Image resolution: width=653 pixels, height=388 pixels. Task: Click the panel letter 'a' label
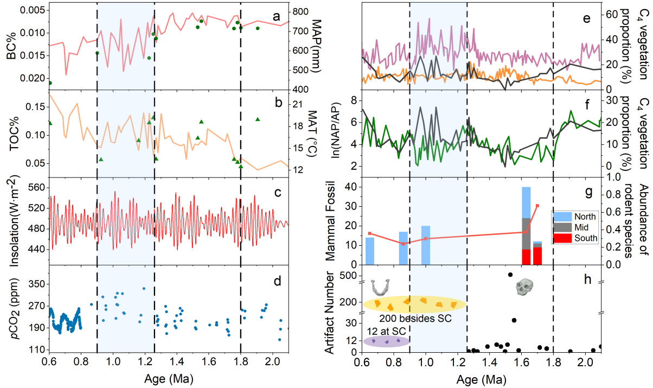click(276, 18)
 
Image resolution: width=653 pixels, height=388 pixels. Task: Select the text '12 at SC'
click(383, 330)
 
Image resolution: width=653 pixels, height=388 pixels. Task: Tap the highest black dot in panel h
click(510, 275)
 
